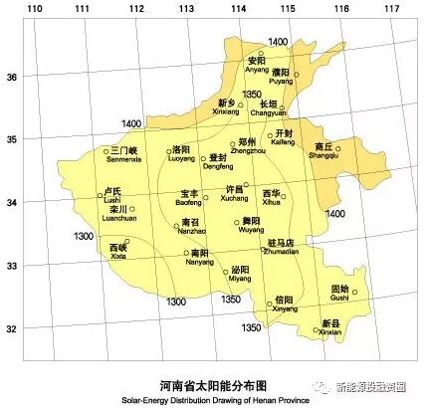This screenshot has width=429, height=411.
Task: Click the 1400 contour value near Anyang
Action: (278, 42)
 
